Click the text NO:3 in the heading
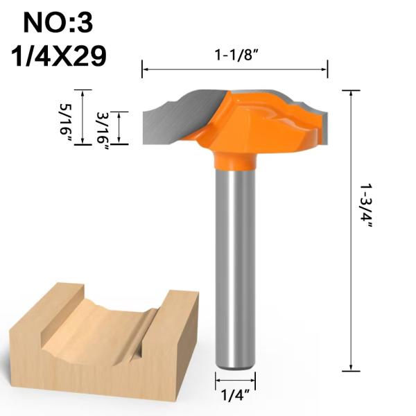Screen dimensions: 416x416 pos(58,22)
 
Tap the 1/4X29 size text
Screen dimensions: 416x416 pos(58,55)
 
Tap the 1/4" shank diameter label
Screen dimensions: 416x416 pos(234,398)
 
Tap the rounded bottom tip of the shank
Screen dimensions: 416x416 pos(234,363)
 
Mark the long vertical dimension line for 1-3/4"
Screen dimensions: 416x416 pos(352,229)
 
